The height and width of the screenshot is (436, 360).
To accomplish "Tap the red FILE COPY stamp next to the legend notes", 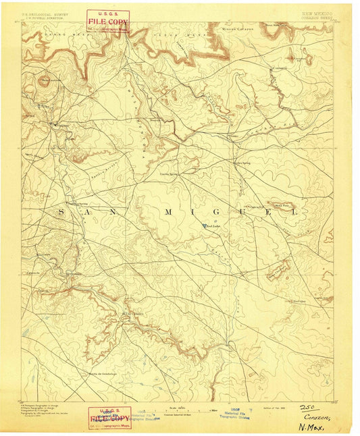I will (109, 416).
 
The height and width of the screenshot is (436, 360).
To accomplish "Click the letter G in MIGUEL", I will (217, 211).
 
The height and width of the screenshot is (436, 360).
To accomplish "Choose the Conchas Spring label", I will (168, 173).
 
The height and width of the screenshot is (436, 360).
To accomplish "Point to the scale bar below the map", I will (179, 410).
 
